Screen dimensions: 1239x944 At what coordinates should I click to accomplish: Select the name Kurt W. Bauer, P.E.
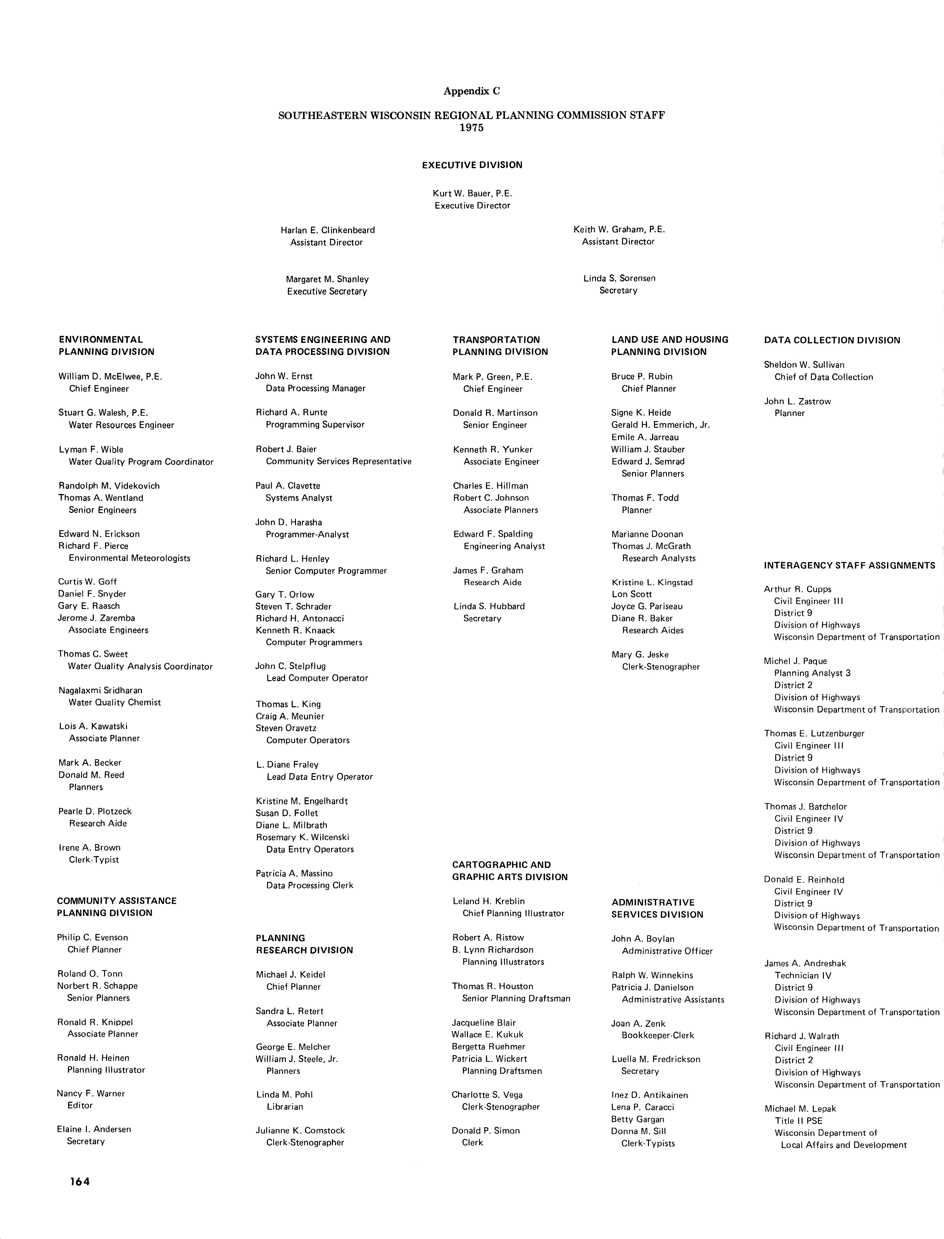[x=472, y=193]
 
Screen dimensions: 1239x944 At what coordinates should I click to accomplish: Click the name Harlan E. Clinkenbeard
[x=328, y=230]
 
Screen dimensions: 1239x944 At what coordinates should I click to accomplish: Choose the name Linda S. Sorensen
[x=619, y=278]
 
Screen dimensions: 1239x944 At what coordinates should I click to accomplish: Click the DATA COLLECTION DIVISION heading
[x=832, y=340]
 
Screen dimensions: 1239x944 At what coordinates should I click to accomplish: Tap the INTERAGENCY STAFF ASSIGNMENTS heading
[x=849, y=565]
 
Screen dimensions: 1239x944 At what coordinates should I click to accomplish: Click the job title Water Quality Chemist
[x=115, y=702]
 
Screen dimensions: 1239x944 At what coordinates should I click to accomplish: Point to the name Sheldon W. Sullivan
[x=804, y=365]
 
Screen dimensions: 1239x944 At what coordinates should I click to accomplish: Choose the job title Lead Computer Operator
[x=317, y=678]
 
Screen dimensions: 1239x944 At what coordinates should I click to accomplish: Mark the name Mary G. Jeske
[x=640, y=655]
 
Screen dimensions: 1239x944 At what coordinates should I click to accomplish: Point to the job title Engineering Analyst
[x=504, y=546]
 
